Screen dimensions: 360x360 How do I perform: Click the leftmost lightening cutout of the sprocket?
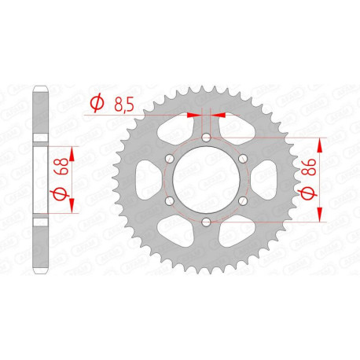pyautogui.click(x=144, y=180)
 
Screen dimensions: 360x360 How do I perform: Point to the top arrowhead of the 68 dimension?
pyautogui.click(x=73, y=150)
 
